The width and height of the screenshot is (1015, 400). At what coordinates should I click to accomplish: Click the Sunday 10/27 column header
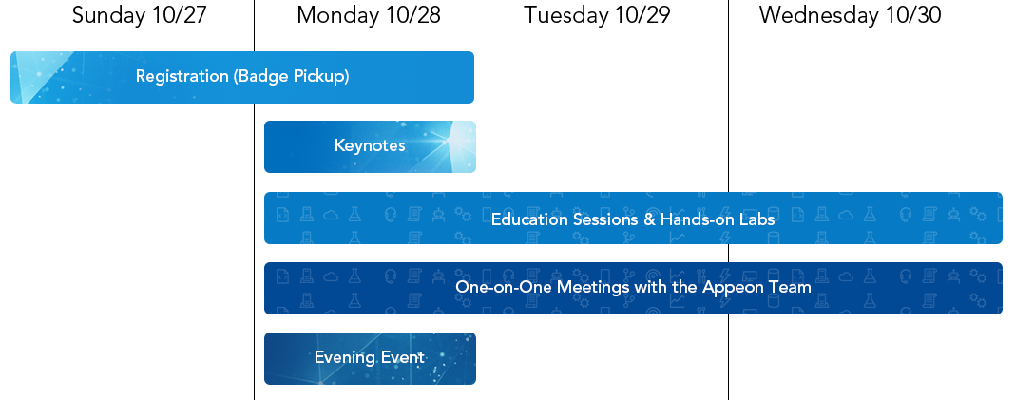pos(139,15)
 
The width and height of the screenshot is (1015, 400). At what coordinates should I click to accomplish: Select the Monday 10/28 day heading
pos(369,15)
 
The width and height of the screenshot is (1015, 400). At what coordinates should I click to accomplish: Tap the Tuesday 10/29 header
pos(597,15)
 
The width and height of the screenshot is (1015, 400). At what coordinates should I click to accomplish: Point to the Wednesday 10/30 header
pos(850,15)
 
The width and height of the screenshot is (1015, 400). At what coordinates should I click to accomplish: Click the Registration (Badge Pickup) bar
pos(242,77)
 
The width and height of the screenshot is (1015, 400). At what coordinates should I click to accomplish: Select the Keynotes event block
pos(370,146)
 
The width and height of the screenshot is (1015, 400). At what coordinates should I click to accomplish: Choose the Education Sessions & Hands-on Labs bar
pos(633,219)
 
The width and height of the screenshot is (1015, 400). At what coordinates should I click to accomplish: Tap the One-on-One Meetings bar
pos(633,288)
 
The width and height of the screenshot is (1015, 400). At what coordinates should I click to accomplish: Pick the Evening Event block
pos(370,358)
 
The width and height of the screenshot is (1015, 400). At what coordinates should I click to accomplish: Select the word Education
pos(529,219)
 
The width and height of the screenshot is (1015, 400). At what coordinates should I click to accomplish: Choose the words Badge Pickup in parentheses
pos(292,76)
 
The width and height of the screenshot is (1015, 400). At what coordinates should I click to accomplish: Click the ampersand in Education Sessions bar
pos(649,219)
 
